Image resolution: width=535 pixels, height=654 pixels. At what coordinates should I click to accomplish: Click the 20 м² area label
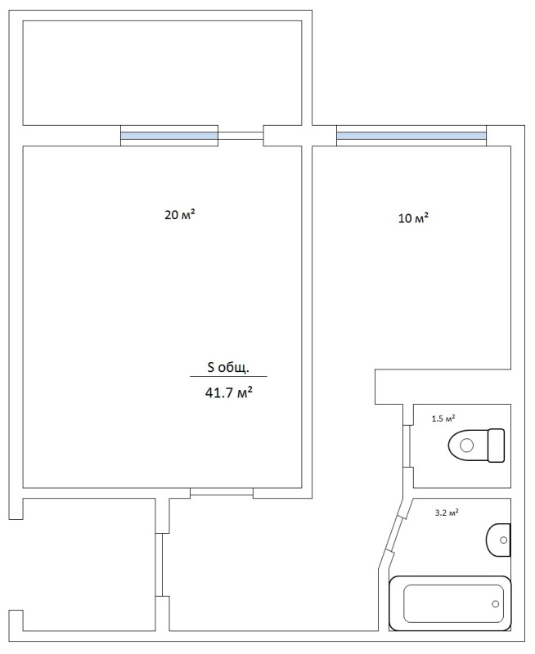(x=180, y=215)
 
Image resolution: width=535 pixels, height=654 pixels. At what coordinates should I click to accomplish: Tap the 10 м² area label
(x=414, y=218)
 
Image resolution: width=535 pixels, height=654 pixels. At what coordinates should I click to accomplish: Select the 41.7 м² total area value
(x=229, y=392)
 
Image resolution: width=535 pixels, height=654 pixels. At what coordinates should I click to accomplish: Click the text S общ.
(x=228, y=367)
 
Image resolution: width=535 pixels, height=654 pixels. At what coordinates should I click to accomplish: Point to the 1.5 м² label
(x=443, y=419)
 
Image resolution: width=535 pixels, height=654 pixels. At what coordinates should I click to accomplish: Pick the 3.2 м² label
(x=447, y=513)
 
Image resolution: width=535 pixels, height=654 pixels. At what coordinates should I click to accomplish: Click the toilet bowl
(x=468, y=446)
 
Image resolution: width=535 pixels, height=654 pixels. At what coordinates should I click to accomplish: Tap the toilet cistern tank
(x=497, y=446)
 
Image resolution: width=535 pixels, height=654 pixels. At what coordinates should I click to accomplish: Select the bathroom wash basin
(x=498, y=540)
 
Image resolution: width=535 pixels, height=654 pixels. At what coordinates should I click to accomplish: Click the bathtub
(x=450, y=603)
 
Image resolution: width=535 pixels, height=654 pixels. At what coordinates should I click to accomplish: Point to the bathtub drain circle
(x=496, y=604)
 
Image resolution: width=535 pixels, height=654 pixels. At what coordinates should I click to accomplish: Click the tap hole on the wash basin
(x=503, y=540)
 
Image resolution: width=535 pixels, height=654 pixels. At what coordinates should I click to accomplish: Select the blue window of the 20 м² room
(x=169, y=136)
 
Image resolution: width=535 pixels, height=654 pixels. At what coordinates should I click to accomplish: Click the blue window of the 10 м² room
(x=411, y=136)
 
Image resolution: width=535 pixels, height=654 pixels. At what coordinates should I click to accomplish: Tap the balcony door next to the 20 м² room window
(x=241, y=136)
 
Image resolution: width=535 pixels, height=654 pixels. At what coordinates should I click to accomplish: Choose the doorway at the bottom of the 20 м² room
(x=222, y=491)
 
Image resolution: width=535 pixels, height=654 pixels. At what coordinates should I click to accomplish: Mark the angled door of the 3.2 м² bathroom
(x=396, y=535)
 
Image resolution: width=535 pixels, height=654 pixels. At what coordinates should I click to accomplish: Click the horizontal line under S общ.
(x=228, y=377)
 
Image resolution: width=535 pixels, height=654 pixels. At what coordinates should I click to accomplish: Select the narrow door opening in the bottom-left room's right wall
(x=159, y=565)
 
